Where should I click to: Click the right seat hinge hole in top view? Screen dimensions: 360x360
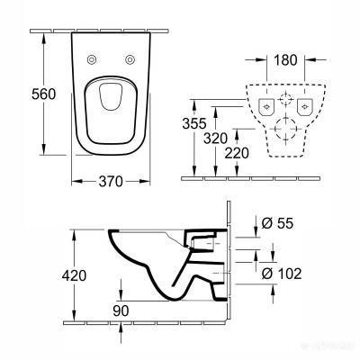134,60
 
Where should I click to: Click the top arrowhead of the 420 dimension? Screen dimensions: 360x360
71,232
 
